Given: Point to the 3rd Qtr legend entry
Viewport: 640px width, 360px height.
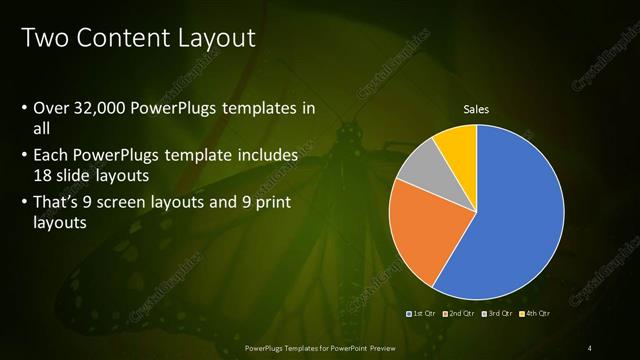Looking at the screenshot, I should click(x=500, y=314).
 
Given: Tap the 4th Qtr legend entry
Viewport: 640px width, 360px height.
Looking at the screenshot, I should click(x=536, y=314).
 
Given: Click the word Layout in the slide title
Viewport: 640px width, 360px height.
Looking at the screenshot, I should click(x=208, y=38).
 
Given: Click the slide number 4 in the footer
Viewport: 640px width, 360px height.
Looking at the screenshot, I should click(x=590, y=346).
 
